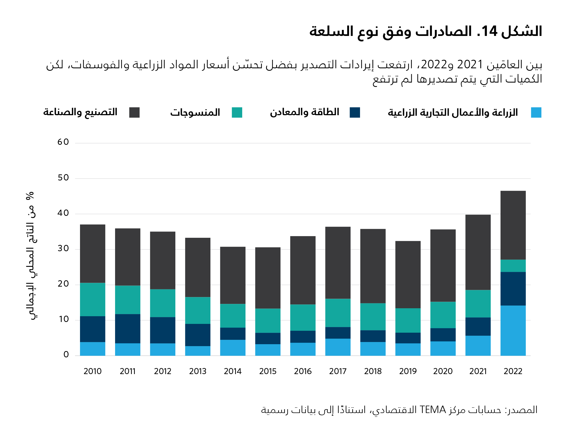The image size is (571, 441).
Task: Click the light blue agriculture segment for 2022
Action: click(513, 330)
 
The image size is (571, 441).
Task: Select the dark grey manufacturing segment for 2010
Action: click(93, 254)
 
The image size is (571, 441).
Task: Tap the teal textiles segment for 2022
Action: click(513, 266)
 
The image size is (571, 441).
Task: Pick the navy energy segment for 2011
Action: click(128, 329)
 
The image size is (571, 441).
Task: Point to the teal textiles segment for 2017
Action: click(338, 313)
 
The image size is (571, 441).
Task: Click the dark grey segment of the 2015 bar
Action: click(268, 278)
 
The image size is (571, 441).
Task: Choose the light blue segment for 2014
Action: click(233, 348)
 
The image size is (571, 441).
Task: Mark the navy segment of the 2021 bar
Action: click(478, 326)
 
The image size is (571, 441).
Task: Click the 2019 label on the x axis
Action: click(408, 371)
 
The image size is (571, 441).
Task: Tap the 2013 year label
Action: click(198, 371)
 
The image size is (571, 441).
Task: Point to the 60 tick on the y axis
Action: click(63, 142)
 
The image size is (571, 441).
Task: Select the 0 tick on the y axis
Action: click(66, 355)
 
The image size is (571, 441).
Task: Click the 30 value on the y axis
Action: click(63, 248)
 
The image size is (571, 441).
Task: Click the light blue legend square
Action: click(536, 112)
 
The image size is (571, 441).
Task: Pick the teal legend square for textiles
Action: click(237, 112)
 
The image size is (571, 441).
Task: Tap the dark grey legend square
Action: click(134, 112)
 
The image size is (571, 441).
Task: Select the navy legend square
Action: click(355, 112)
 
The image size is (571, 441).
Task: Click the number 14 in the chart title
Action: click(489, 31)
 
